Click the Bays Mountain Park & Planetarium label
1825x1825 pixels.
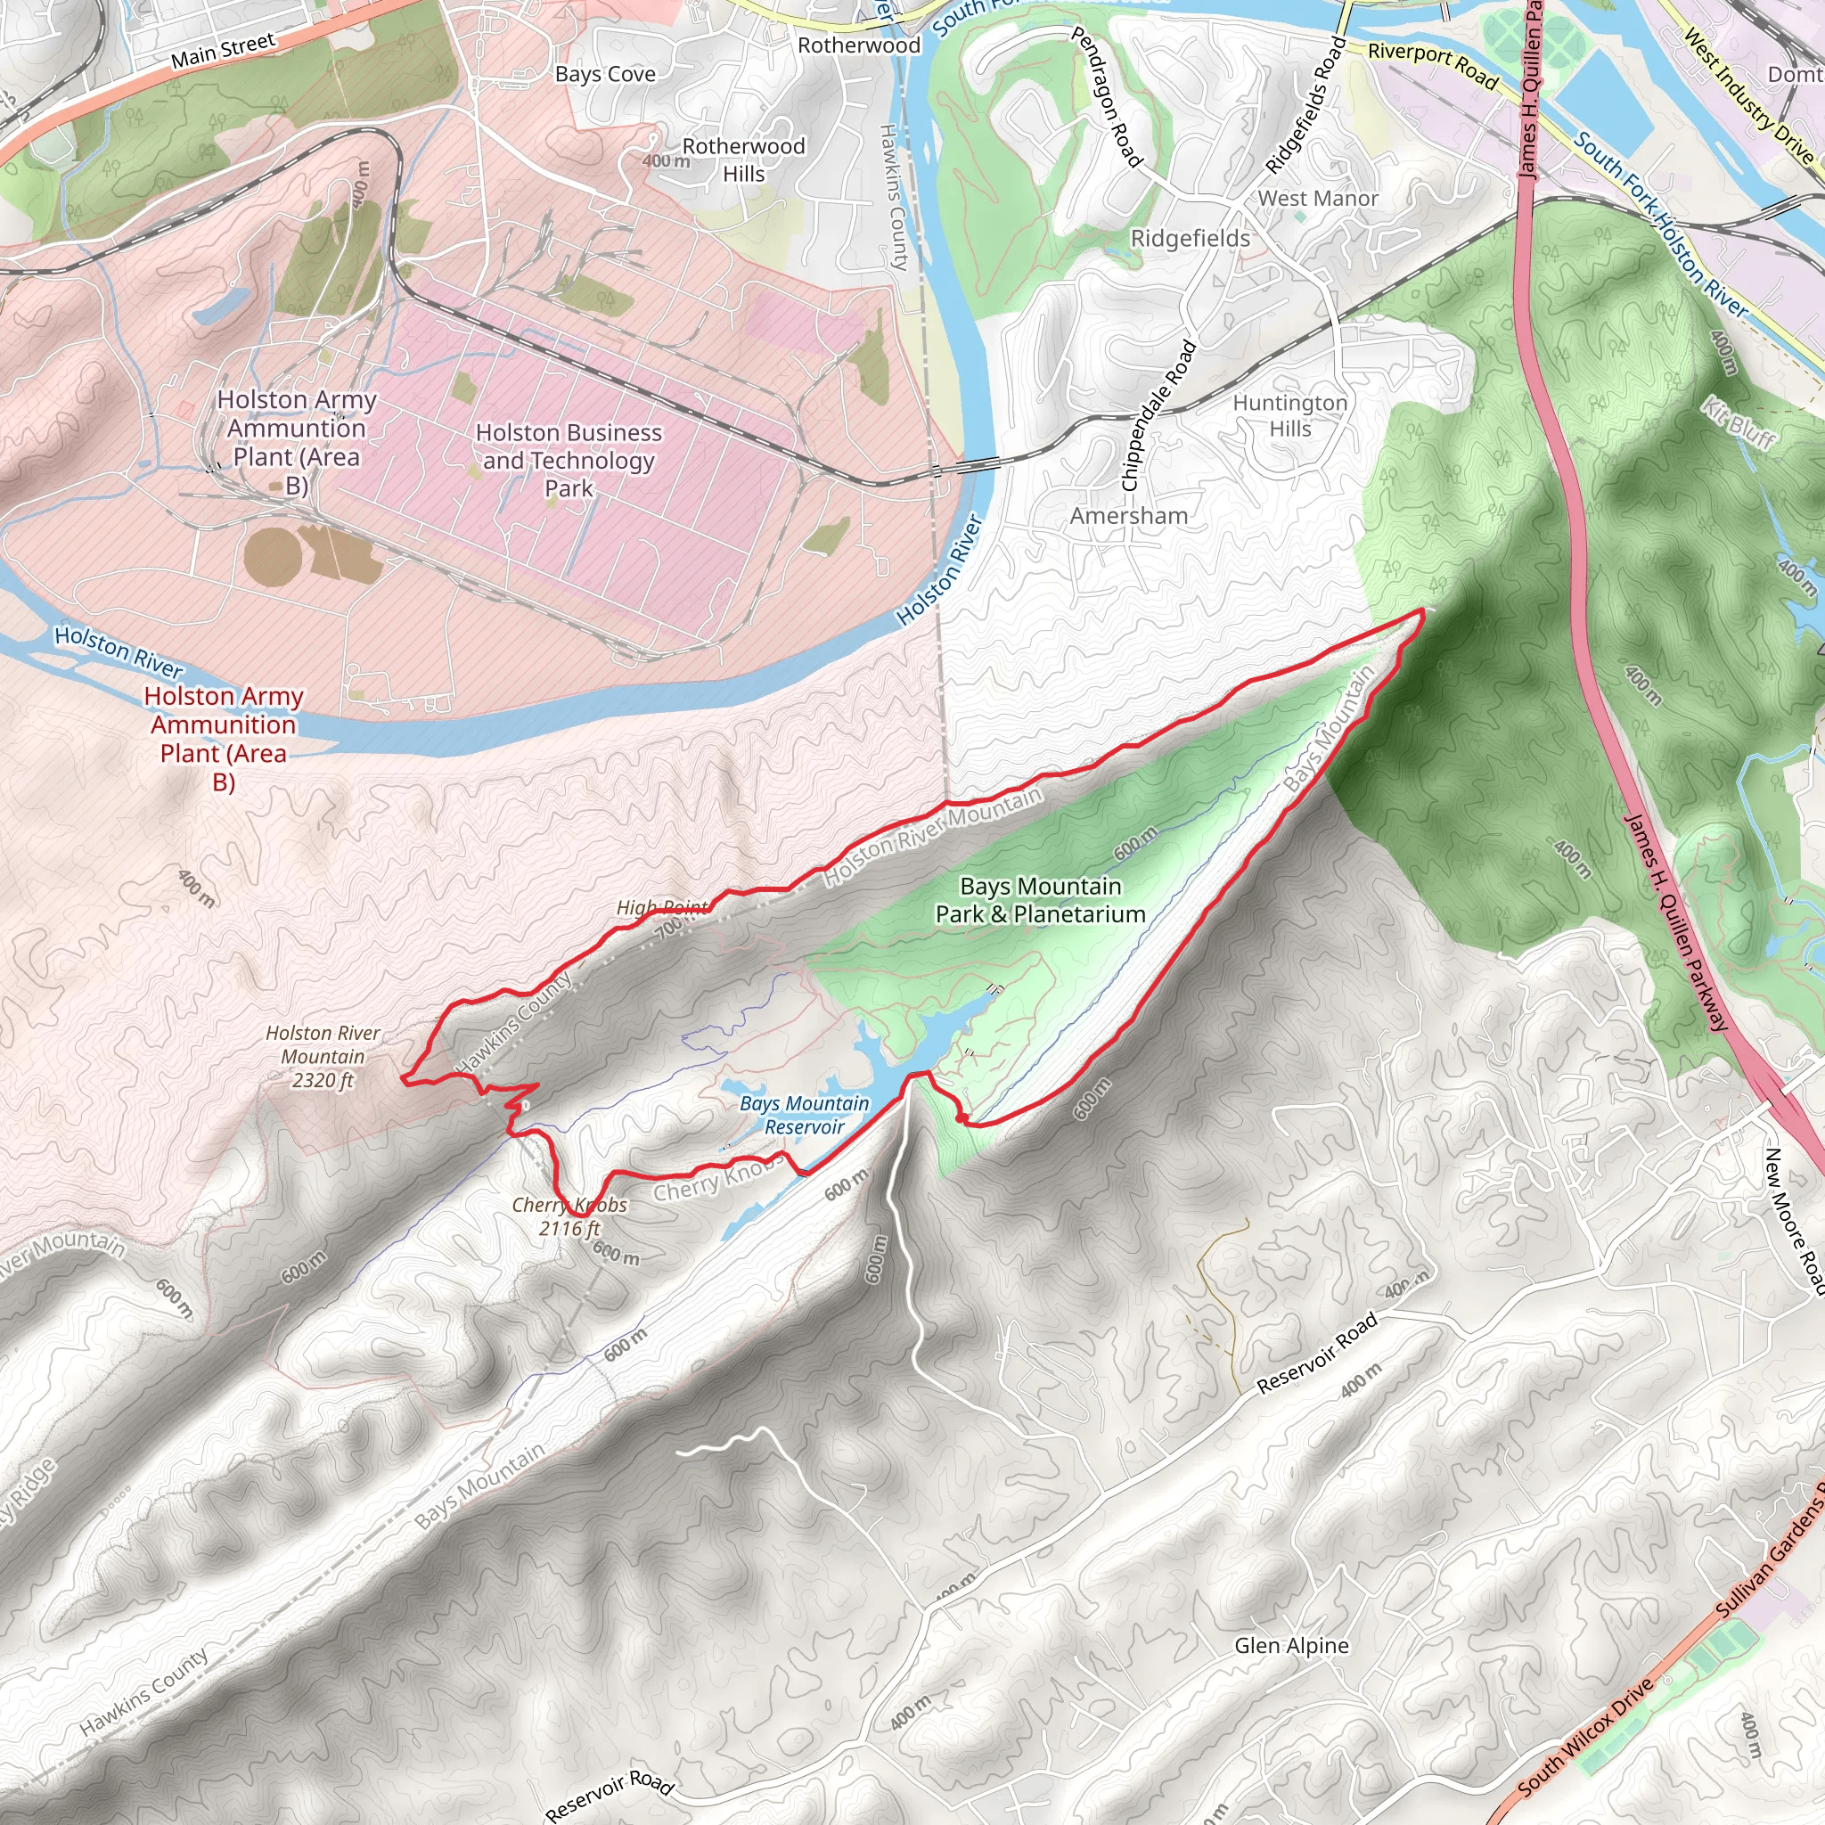tap(1040, 900)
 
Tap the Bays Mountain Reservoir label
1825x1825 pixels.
tap(804, 1116)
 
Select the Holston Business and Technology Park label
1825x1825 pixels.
tap(569, 460)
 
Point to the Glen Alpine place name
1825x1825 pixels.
tap(1291, 1646)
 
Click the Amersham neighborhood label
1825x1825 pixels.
tap(1129, 516)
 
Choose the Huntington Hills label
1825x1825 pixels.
tap(1289, 415)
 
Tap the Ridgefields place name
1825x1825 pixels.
tap(1191, 239)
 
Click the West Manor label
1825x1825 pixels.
tap(1318, 199)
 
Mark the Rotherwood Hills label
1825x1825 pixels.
tap(743, 160)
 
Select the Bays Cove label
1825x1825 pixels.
tap(604, 74)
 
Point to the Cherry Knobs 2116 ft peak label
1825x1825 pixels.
tap(569, 1216)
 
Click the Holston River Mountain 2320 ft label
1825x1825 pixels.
tap(323, 1056)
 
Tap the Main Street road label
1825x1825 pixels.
tap(223, 50)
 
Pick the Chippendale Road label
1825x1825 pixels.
tap(1159, 415)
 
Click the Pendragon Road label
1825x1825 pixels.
tap(1106, 96)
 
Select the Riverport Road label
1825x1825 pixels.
tap(1433, 65)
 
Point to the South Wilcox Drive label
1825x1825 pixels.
tap(1587, 1736)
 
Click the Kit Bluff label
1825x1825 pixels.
tap(1739, 421)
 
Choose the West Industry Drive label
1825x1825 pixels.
tap(1747, 95)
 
